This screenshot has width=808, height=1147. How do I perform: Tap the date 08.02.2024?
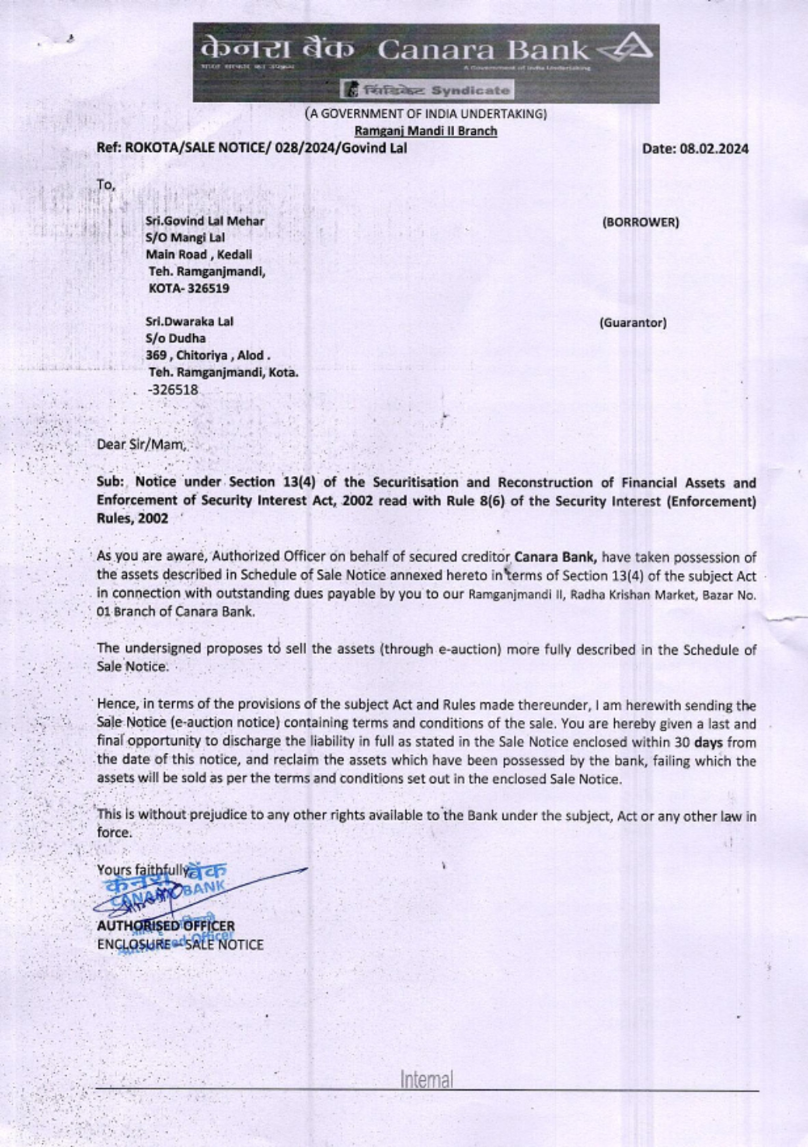click(x=714, y=149)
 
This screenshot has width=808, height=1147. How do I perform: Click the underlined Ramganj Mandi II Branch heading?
click(x=426, y=131)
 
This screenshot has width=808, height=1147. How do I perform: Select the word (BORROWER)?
click(x=641, y=222)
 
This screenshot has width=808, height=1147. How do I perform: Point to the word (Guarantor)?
click(x=633, y=323)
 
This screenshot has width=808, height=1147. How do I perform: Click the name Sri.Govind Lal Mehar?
click(x=204, y=221)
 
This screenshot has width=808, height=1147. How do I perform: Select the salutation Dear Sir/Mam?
click(x=141, y=444)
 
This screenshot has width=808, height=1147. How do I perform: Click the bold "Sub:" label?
click(x=110, y=483)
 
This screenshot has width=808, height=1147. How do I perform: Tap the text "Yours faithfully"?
click(x=141, y=871)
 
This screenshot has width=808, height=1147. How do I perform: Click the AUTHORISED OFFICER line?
click(x=166, y=926)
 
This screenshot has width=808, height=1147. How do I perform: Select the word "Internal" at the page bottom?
click(x=426, y=1080)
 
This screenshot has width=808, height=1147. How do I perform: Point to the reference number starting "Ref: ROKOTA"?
click(x=251, y=148)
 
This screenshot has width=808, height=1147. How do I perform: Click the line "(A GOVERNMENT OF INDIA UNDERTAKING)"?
click(x=426, y=114)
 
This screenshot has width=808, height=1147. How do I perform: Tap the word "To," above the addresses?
click(x=106, y=185)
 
